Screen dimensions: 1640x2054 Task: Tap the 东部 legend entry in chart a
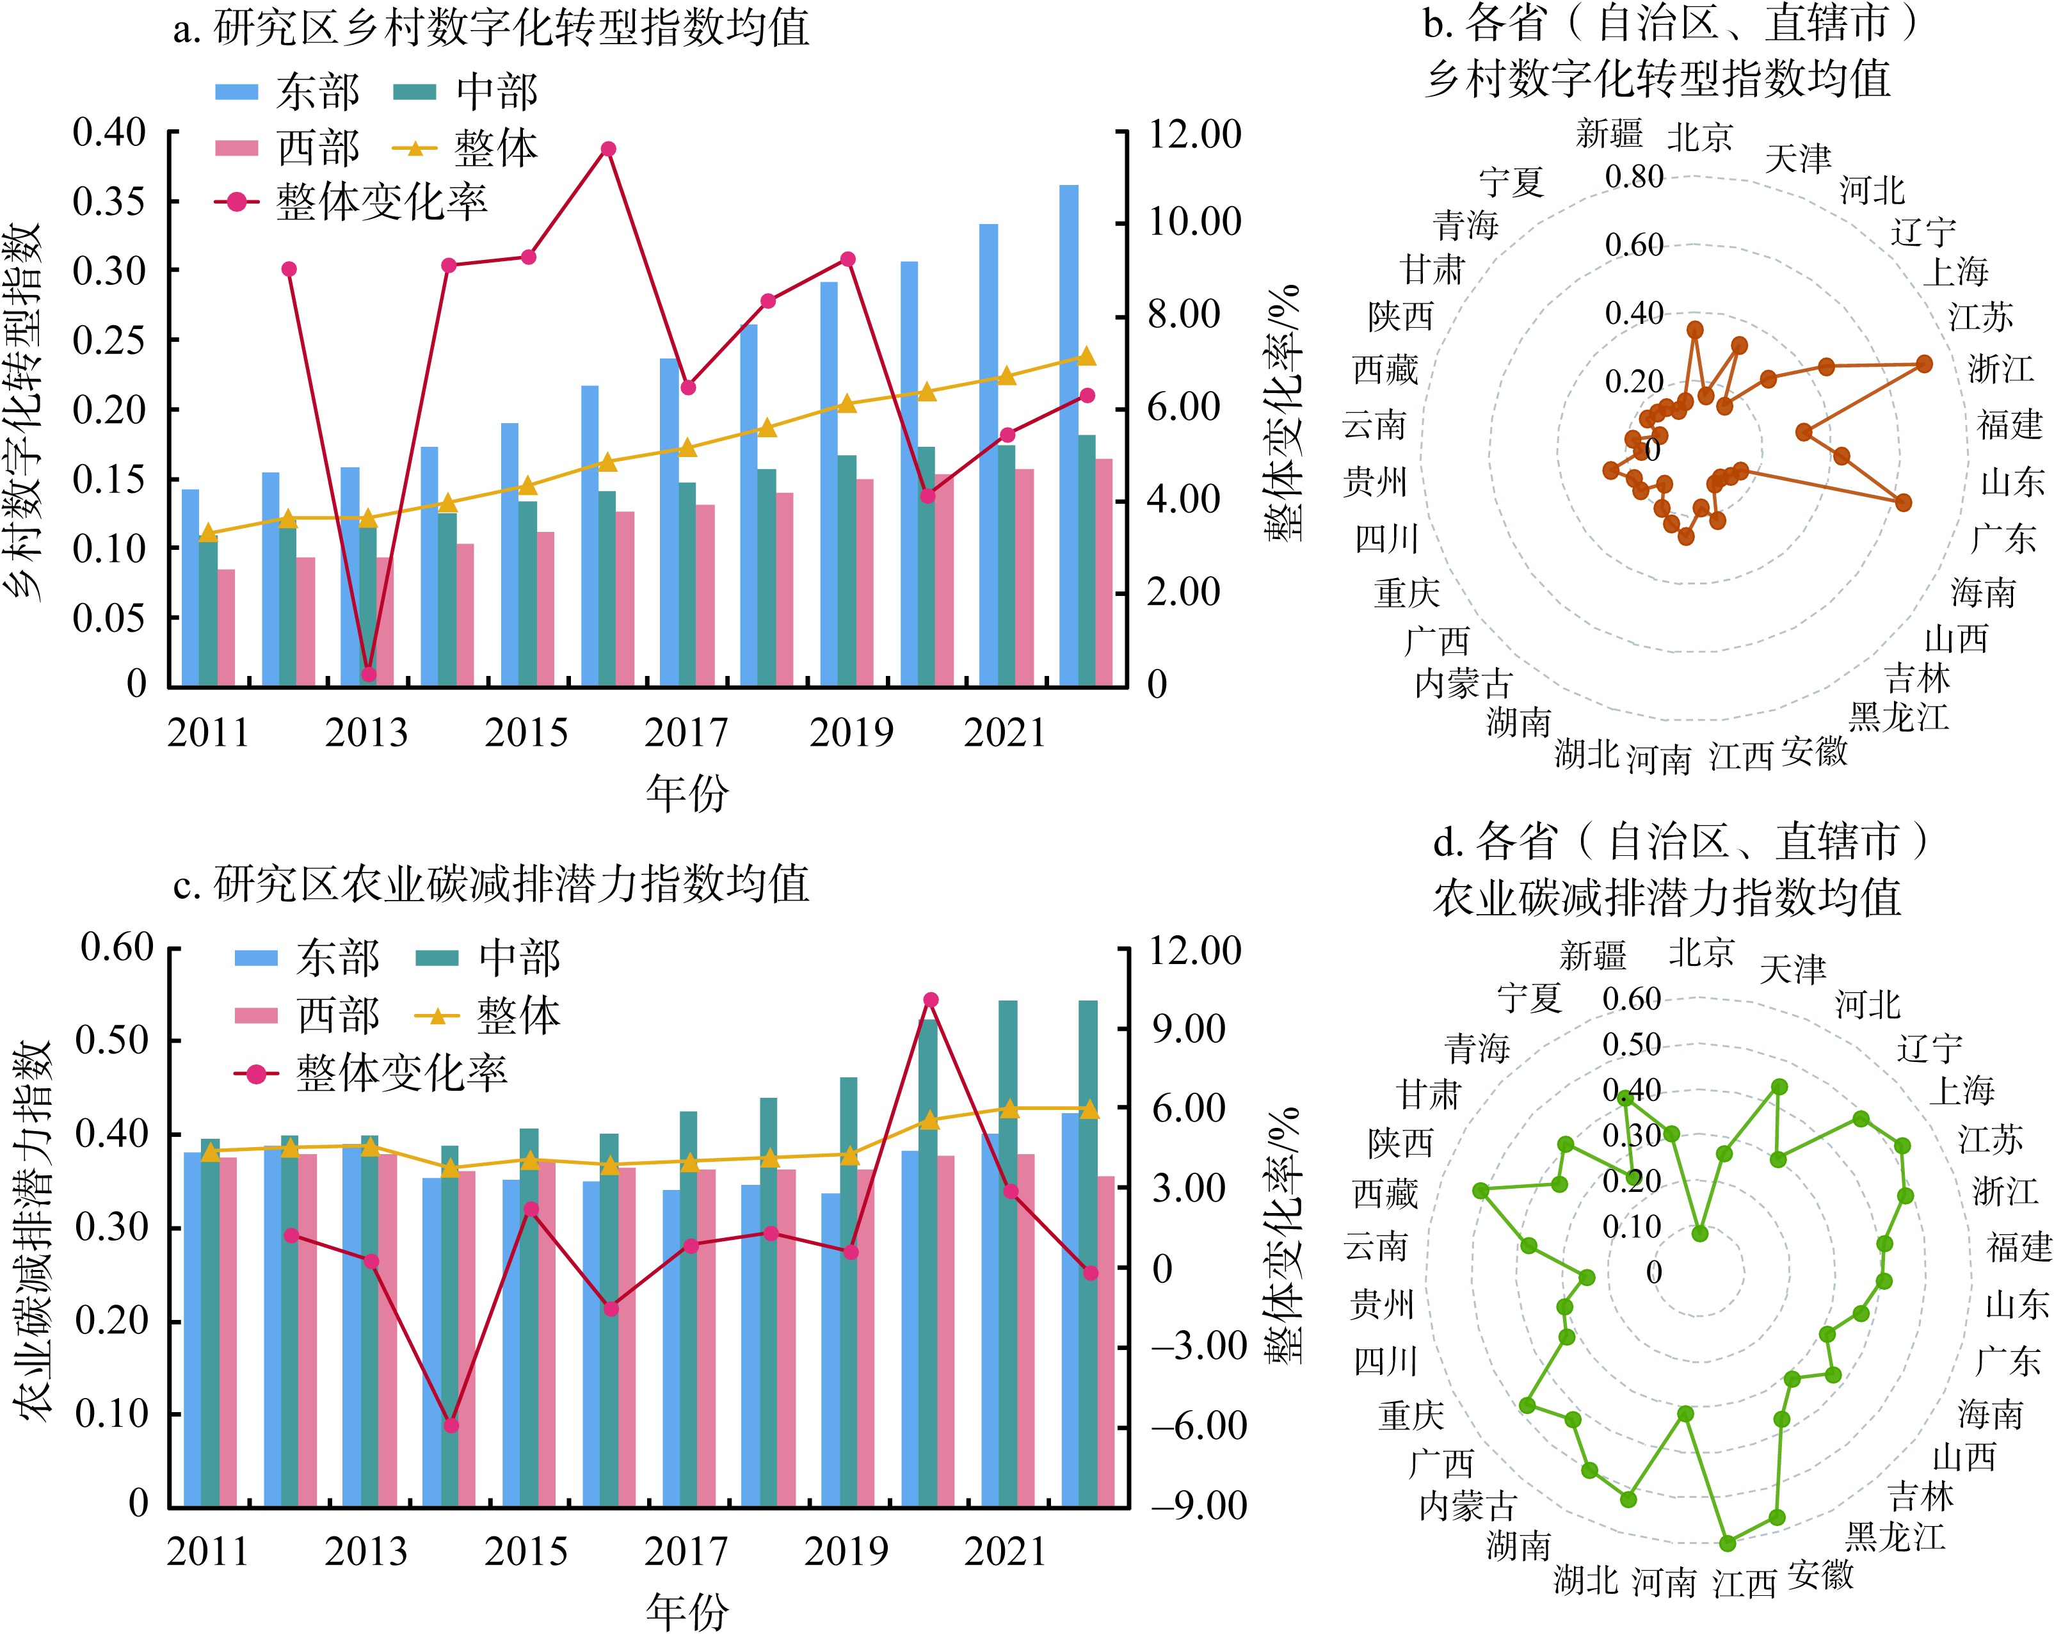[287, 92]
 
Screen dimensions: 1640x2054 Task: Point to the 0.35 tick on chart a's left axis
[109, 201]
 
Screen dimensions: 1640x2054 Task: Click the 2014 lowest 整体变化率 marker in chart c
[452, 1426]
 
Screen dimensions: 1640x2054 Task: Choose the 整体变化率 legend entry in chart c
[371, 1074]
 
